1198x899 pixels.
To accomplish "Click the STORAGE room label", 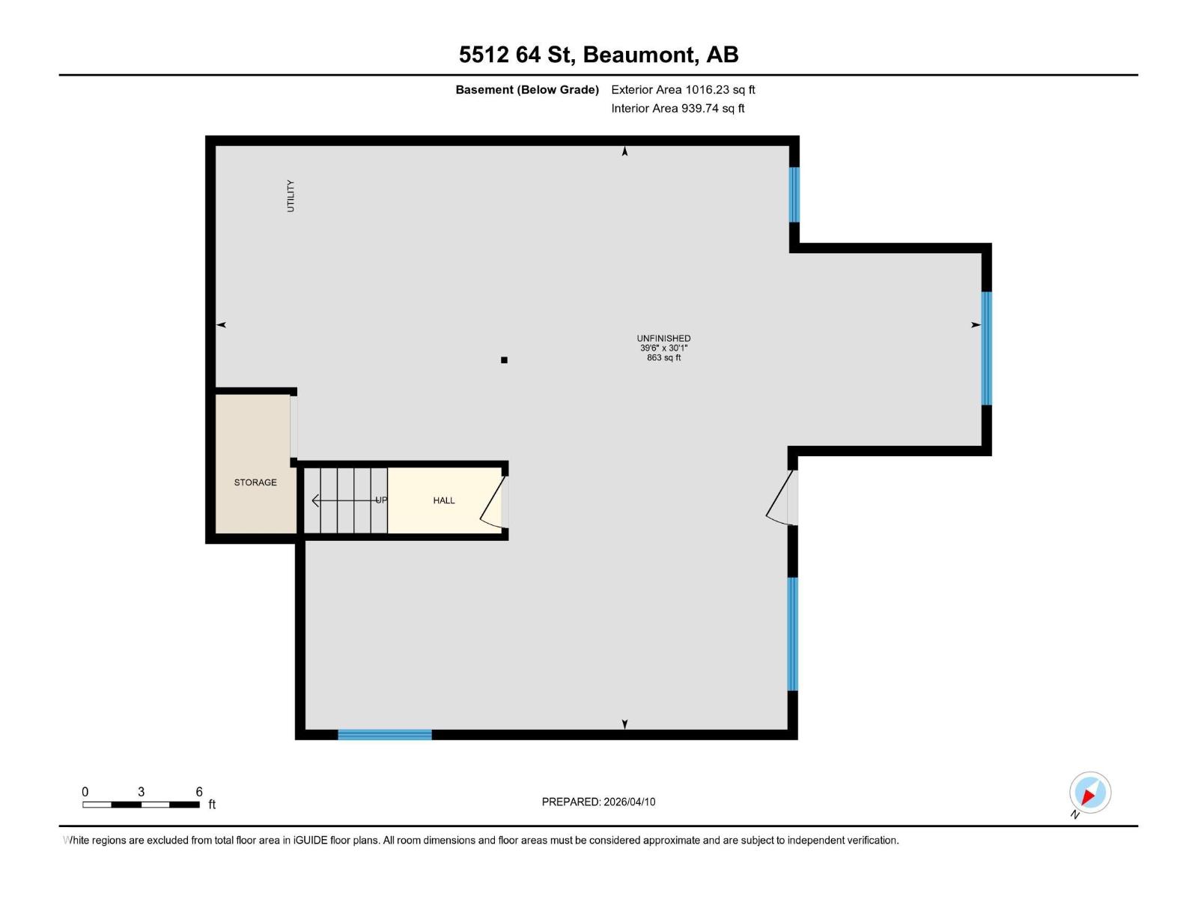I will coord(255,482).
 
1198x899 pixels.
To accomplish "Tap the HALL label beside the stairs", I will coord(444,500).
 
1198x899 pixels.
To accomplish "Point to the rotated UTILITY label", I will coord(291,196).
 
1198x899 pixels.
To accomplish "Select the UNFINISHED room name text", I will coord(663,339).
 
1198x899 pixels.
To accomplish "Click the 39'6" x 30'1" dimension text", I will coord(663,348).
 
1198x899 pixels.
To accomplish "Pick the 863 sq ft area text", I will coord(663,358).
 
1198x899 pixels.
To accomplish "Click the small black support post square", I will coord(504,360).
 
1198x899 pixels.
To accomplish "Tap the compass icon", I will coord(1089,793).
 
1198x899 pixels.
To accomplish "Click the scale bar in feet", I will coord(141,805).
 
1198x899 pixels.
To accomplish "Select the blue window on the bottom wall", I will coord(385,735).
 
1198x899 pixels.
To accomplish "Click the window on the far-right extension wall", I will coord(986,348).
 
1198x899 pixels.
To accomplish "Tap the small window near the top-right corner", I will coord(794,195).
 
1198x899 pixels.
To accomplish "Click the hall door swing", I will coord(493,500).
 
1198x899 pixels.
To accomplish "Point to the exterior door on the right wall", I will coord(783,498).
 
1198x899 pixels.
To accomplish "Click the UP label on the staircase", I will coord(381,500).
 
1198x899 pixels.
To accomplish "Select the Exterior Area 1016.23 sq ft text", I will coord(683,90).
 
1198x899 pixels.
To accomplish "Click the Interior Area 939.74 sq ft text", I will coord(678,109).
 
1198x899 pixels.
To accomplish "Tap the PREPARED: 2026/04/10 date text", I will coord(598,802).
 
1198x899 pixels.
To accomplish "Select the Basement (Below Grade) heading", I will coord(527,90).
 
